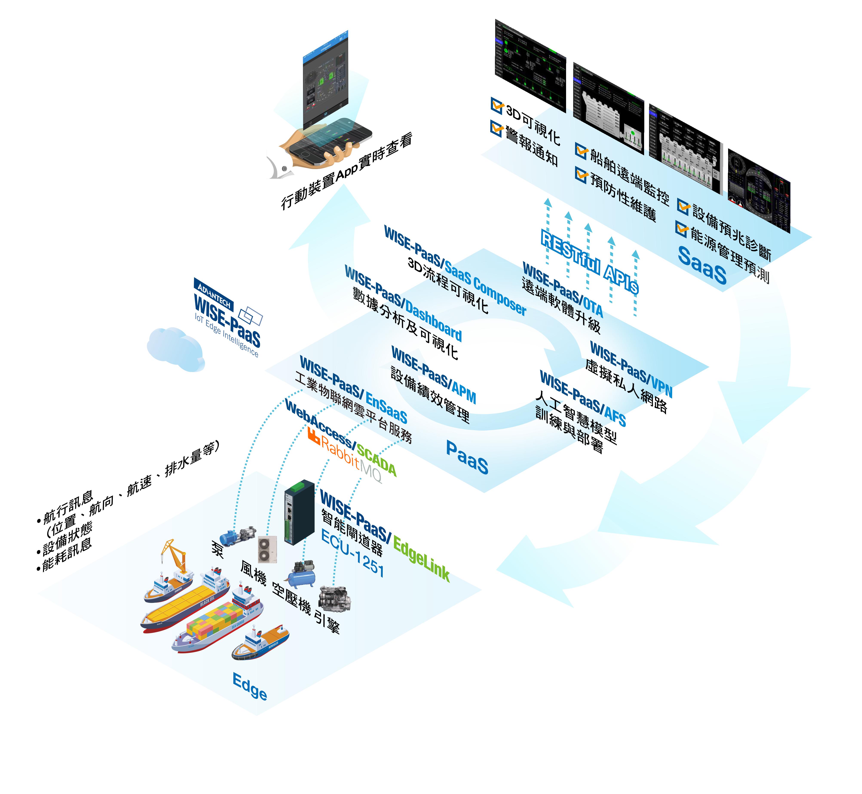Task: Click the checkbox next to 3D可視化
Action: tap(497, 105)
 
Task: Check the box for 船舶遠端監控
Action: tap(581, 150)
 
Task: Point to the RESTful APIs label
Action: tap(589, 262)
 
